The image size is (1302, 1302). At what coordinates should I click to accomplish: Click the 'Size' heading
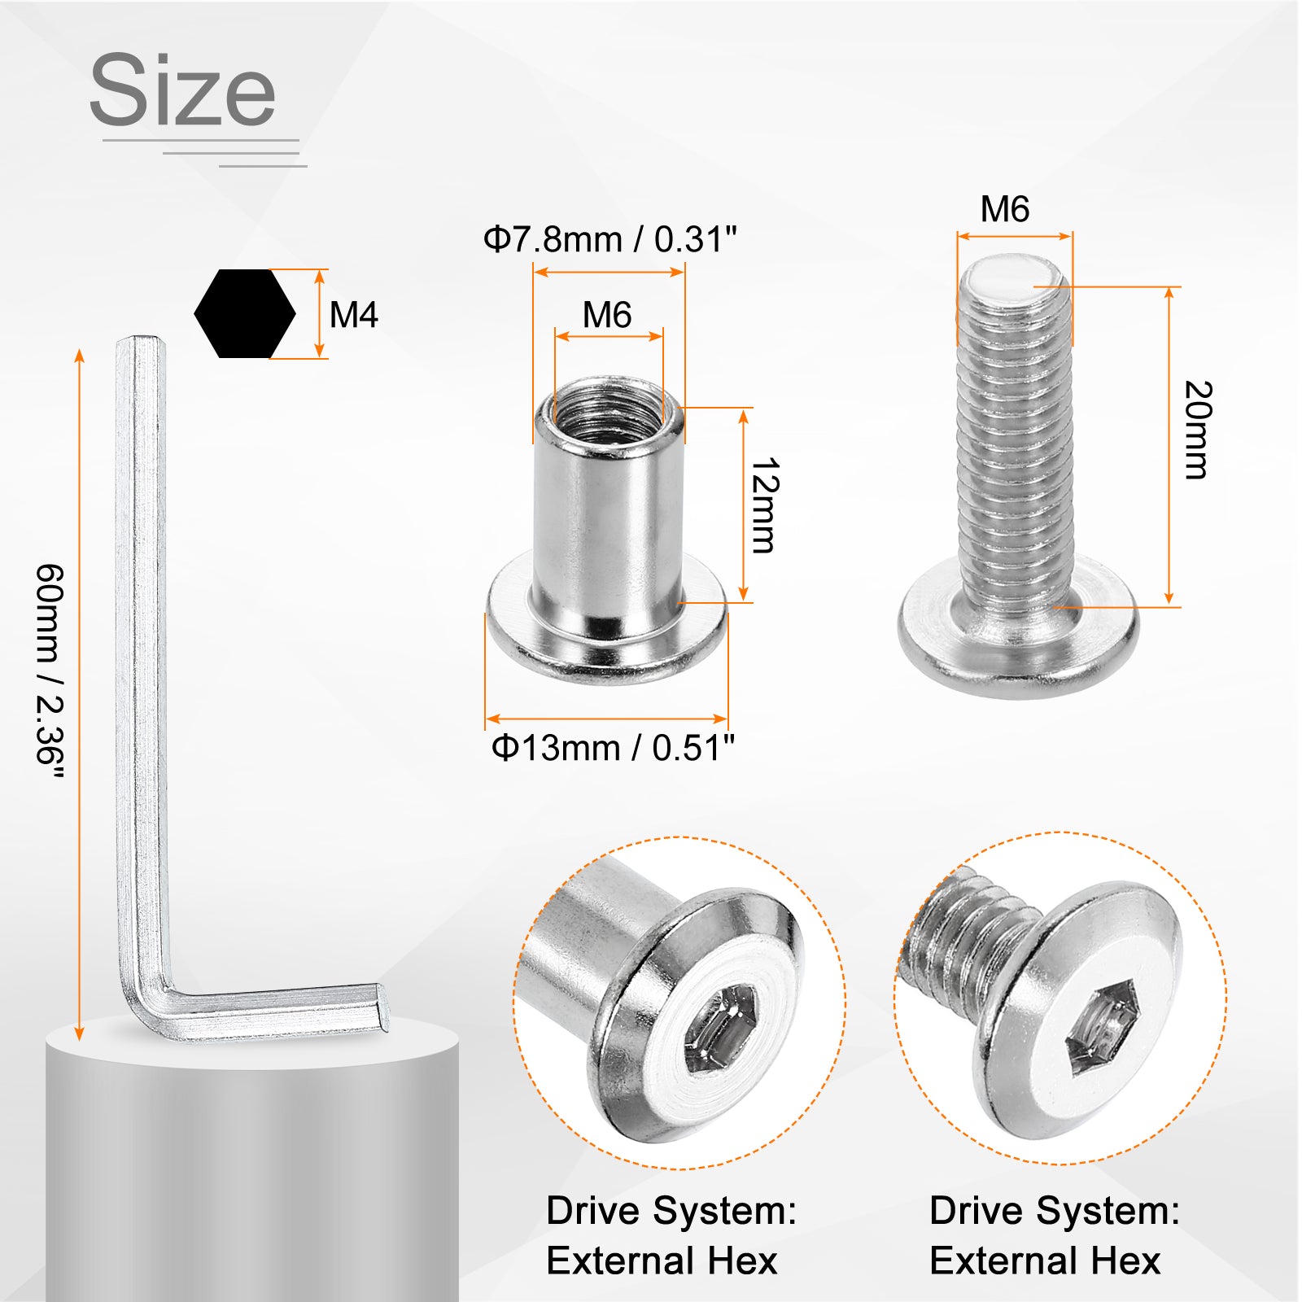click(x=182, y=90)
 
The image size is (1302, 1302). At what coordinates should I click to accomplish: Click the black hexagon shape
click(x=245, y=313)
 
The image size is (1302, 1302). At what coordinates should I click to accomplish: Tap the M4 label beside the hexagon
click(x=354, y=315)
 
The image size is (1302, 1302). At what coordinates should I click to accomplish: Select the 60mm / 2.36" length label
click(x=50, y=674)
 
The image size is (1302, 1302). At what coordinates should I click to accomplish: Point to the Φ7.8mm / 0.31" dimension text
click(x=609, y=239)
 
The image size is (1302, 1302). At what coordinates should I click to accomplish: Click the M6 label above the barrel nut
click(x=607, y=315)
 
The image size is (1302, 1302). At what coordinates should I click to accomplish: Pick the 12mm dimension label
click(x=766, y=505)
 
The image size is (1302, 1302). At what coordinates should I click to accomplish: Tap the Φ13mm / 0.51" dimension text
click(x=613, y=747)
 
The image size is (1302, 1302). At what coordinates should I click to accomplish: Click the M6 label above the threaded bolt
click(x=1005, y=209)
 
